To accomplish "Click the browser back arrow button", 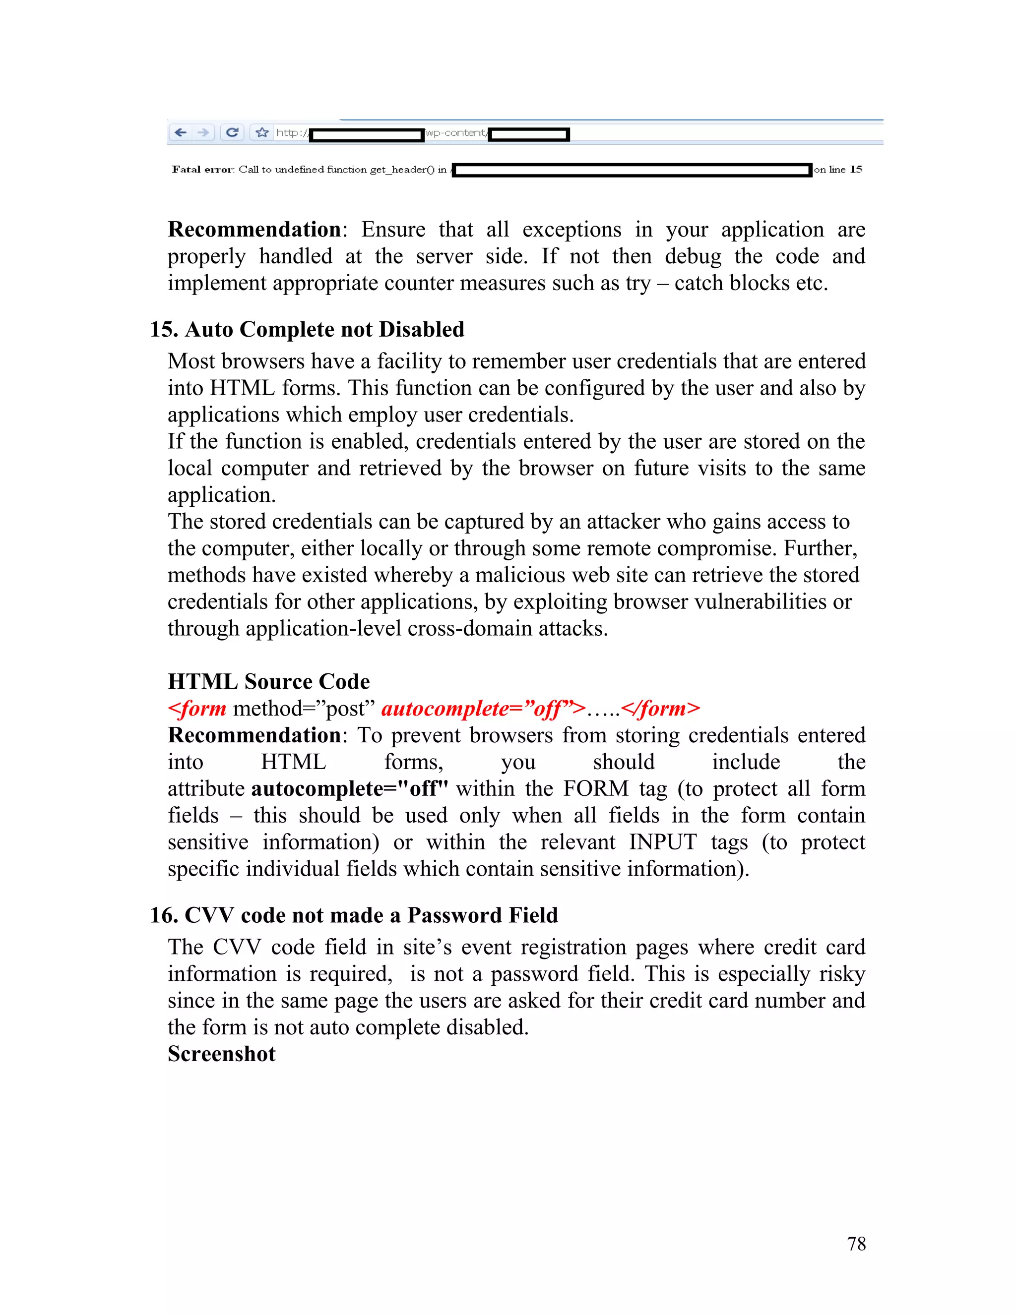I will (181, 132).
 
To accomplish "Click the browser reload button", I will (232, 132).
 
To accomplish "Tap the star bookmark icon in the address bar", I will (262, 132).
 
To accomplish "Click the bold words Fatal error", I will (202, 170).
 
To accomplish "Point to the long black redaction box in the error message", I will (632, 170).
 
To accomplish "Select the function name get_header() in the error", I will (401, 170).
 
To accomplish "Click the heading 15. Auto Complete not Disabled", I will (307, 330).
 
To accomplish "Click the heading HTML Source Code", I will (268, 682).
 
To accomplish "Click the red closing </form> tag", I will (660, 709).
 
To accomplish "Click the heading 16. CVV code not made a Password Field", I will (354, 915).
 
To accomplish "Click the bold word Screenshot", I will (221, 1054).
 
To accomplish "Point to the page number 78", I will (856, 1244).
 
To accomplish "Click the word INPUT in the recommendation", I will (663, 842).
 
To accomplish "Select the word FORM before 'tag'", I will (595, 789).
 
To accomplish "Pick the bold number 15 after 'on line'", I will (856, 170).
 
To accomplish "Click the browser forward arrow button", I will (203, 132).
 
